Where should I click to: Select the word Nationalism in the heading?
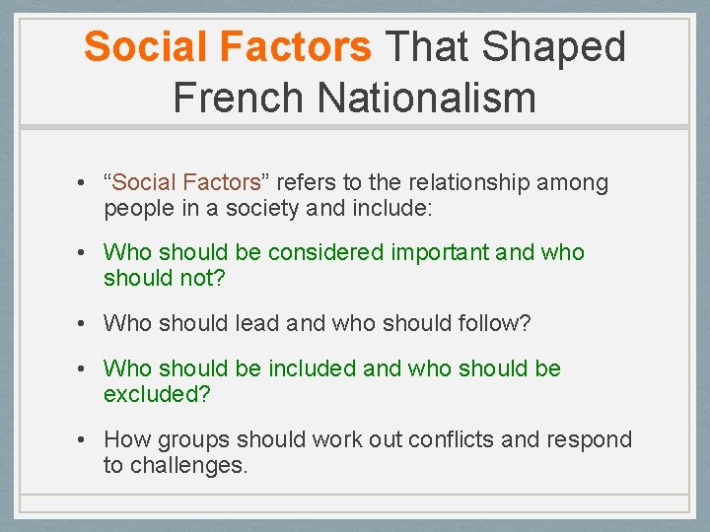[x=426, y=98]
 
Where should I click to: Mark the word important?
[x=443, y=253]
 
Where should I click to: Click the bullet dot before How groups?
[x=88, y=439]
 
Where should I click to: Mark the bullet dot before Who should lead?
[x=88, y=322]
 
